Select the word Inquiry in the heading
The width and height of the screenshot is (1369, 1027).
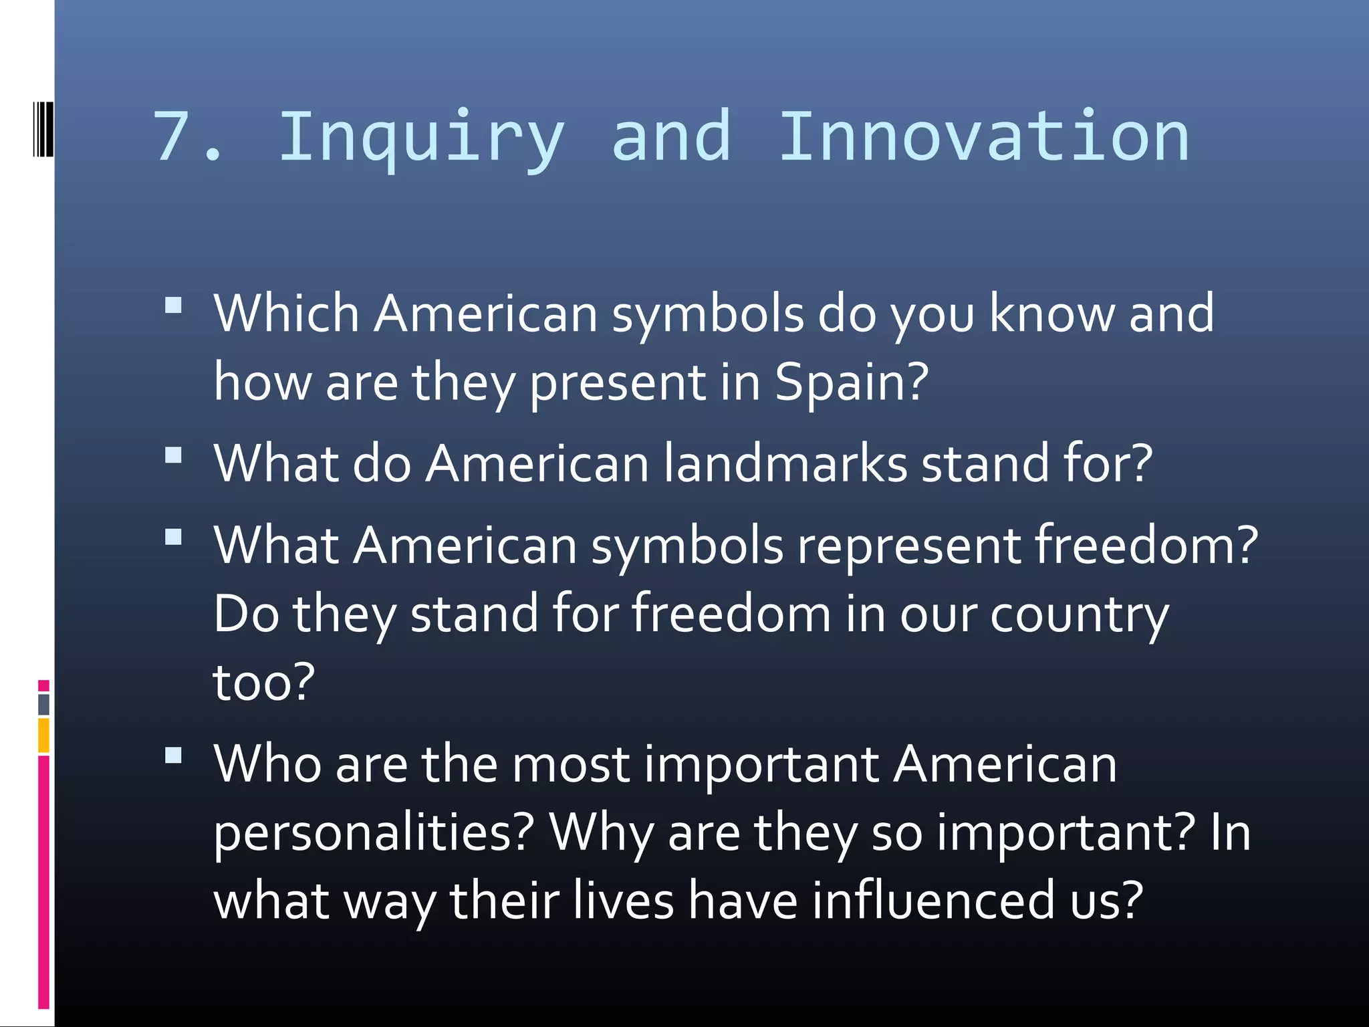click(x=421, y=139)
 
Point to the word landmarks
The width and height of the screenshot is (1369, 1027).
click(x=785, y=463)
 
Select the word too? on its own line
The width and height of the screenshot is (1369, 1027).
click(x=263, y=683)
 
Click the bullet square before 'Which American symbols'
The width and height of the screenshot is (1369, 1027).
click(x=173, y=306)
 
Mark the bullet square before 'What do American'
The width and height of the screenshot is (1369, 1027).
click(x=173, y=455)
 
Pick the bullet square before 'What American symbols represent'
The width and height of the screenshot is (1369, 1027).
click(x=173, y=537)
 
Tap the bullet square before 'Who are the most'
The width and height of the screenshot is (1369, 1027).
click(x=173, y=756)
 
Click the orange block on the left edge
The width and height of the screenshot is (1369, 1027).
click(x=43, y=735)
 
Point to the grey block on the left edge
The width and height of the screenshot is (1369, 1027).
click(x=43, y=704)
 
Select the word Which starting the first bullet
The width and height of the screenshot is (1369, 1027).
click(x=287, y=313)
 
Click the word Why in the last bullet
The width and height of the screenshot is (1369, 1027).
click(x=601, y=833)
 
